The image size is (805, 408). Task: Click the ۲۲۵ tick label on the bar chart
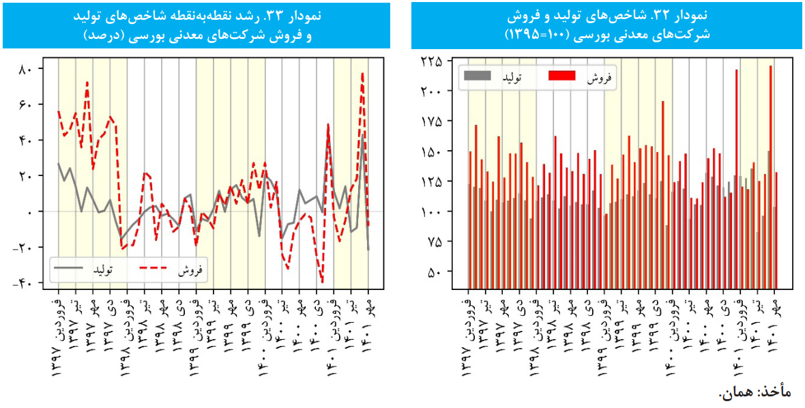431,61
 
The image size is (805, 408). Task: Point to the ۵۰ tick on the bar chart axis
435,272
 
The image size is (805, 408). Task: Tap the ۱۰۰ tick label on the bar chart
431,212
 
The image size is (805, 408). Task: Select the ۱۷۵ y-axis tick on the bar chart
431,121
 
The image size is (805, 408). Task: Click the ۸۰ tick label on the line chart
27,69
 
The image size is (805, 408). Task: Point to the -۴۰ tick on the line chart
24,282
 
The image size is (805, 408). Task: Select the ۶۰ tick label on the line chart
27,104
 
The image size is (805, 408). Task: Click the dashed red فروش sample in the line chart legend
158,270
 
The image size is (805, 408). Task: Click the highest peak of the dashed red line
363,72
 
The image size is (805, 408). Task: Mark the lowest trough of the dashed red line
322,281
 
